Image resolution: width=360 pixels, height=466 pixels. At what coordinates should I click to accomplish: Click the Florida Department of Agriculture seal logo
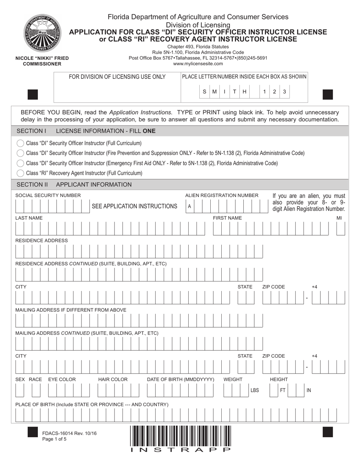tap(42, 34)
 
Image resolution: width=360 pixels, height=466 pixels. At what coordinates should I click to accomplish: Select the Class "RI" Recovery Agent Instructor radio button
tap(20, 173)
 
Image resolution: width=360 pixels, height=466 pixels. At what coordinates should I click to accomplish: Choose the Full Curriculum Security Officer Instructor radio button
tap(20, 144)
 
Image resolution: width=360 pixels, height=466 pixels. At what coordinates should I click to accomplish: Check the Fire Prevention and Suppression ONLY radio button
tap(20, 153)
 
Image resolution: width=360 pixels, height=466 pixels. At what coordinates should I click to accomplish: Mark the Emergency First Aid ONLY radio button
tap(20, 163)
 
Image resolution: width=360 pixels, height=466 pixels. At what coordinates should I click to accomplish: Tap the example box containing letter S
tap(205, 92)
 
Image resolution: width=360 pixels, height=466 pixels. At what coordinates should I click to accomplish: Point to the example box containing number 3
tap(285, 92)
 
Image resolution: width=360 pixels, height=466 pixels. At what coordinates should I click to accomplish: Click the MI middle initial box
tap(341, 229)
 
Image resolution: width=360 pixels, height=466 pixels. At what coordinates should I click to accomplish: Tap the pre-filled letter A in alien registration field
tap(189, 206)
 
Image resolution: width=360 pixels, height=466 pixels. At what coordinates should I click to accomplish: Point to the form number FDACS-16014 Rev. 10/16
tap(69, 433)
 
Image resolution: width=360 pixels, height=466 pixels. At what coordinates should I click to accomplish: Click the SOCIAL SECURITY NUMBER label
tap(48, 195)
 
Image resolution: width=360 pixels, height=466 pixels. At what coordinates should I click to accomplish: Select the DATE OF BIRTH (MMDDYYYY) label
tap(180, 379)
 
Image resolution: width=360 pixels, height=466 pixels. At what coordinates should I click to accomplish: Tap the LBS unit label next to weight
tap(255, 390)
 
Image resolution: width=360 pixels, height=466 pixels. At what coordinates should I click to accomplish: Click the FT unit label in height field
tap(283, 390)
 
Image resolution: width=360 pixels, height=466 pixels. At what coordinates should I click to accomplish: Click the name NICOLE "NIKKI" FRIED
tap(42, 58)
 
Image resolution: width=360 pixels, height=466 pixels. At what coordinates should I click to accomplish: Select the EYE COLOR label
tap(62, 379)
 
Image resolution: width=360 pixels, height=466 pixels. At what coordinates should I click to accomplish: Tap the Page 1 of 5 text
tap(55, 439)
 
